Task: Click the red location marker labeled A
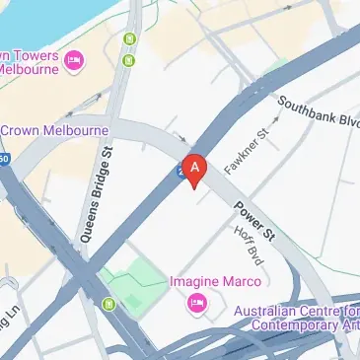tap(194, 169)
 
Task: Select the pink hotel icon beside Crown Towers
tap(74, 63)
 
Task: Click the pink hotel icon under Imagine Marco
tap(196, 302)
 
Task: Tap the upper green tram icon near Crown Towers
tap(129, 40)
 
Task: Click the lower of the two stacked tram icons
tap(128, 60)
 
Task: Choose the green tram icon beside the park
tap(108, 302)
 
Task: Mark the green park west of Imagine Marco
tap(134, 286)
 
